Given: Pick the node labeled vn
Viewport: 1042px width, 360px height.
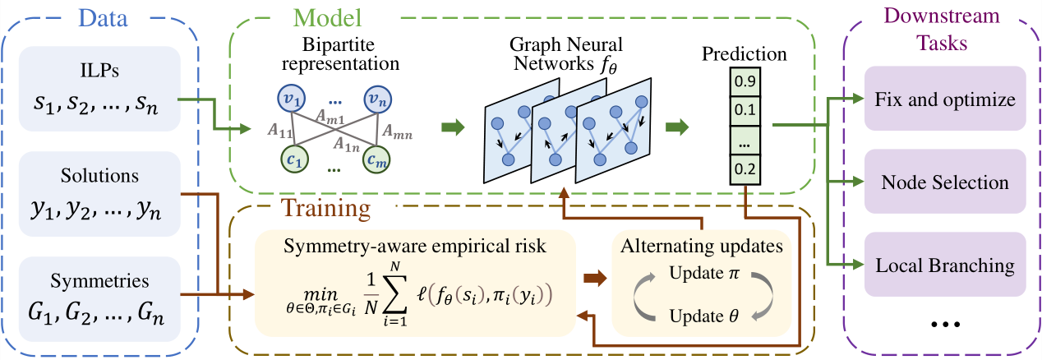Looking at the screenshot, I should pos(380,97).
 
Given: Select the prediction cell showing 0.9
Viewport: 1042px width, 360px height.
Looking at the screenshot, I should pos(744,82).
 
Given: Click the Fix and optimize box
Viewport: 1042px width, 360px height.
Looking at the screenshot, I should pos(946,100).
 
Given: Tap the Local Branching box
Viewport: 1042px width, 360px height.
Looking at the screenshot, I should pos(946,265).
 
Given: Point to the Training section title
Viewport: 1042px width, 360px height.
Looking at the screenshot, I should pos(325,207).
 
